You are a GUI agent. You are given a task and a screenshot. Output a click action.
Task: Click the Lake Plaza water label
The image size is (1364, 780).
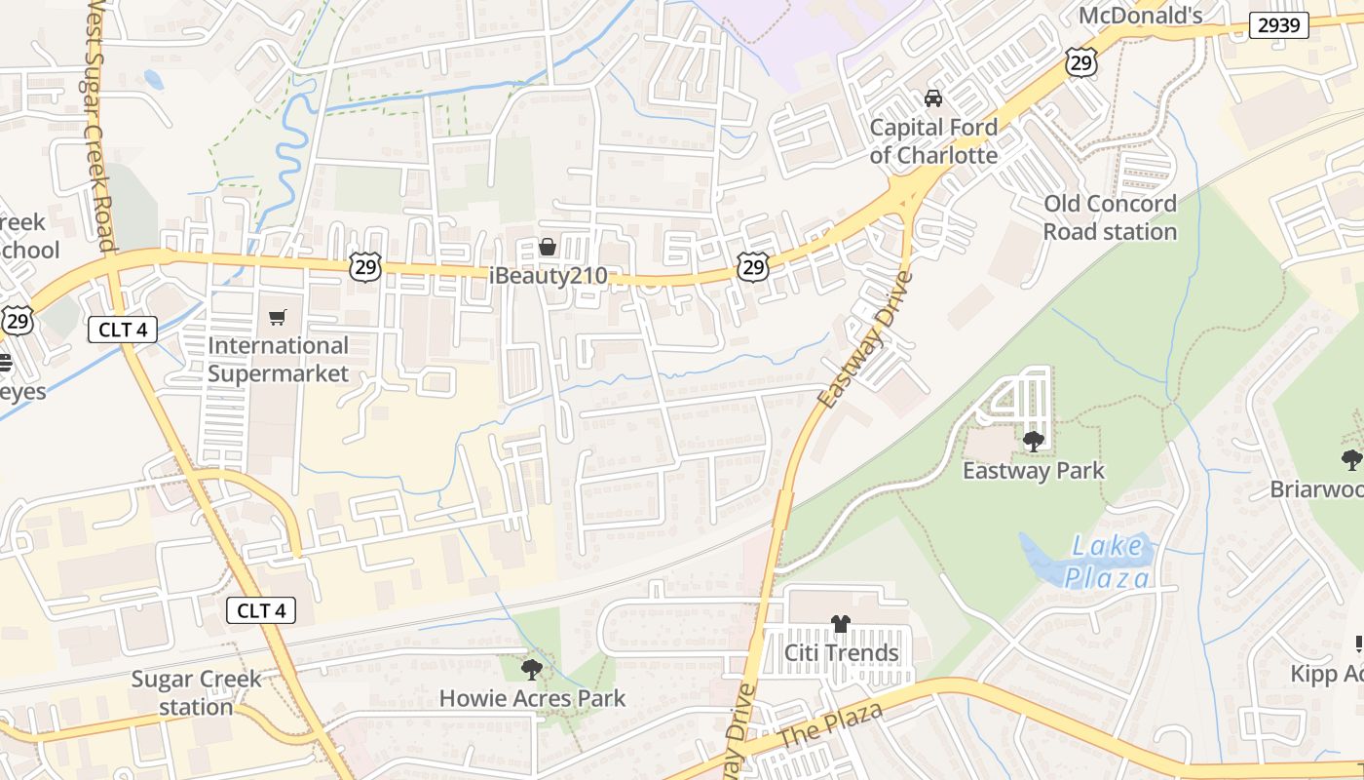pyautogui.click(x=1106, y=562)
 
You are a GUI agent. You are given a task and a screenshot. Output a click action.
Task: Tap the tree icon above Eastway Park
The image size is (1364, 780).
pyautogui.click(x=1034, y=442)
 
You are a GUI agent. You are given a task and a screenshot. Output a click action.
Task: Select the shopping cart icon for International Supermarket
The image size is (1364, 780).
pyautogui.click(x=278, y=317)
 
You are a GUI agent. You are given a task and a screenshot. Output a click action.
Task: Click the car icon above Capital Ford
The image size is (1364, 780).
pyautogui.click(x=933, y=98)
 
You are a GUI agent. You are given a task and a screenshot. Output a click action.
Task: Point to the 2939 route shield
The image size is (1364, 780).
pyautogui.click(x=1278, y=25)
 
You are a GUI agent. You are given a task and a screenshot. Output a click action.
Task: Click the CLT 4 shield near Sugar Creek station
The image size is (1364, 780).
pyautogui.click(x=261, y=611)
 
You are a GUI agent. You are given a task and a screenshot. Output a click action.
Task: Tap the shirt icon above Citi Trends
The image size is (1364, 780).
pyautogui.click(x=841, y=623)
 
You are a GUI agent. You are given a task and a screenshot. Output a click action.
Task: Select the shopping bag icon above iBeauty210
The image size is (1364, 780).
pyautogui.click(x=548, y=247)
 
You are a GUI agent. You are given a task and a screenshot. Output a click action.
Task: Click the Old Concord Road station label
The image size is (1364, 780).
pyautogui.click(x=1110, y=217)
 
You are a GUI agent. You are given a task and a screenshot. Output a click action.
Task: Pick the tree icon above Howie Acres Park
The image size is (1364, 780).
pyautogui.click(x=531, y=669)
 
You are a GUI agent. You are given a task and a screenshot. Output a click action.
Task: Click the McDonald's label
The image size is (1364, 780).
pyautogui.click(x=1140, y=15)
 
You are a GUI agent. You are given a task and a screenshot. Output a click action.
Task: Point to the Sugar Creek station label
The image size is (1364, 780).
pyautogui.click(x=196, y=692)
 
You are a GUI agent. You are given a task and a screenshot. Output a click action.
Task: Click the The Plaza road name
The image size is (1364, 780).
pyautogui.click(x=830, y=725)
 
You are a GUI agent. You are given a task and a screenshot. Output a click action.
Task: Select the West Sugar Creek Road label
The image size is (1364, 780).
pyautogui.click(x=96, y=127)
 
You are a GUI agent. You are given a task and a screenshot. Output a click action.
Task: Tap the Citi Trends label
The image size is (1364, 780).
pyautogui.click(x=842, y=652)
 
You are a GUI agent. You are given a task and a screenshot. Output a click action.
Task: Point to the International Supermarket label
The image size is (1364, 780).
pyautogui.click(x=278, y=360)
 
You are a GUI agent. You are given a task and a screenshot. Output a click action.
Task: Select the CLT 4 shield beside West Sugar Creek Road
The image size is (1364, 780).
pyautogui.click(x=123, y=330)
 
